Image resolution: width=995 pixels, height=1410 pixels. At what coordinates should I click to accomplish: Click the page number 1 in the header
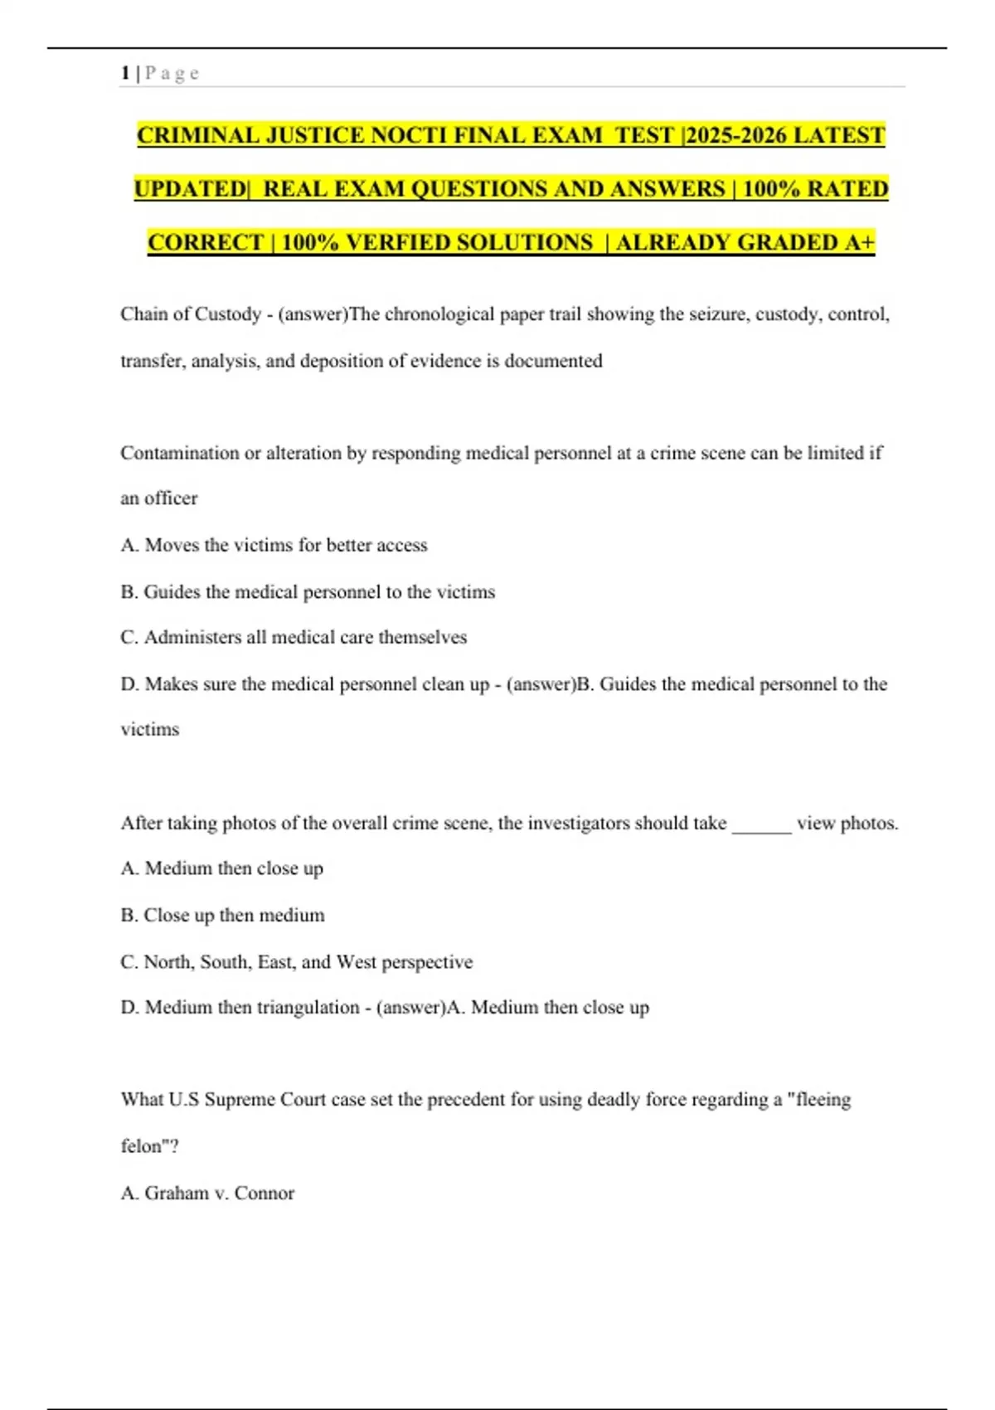[125, 73]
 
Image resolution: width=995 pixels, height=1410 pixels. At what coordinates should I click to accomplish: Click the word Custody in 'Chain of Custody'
[228, 314]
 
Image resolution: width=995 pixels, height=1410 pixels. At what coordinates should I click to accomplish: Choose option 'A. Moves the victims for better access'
[274, 545]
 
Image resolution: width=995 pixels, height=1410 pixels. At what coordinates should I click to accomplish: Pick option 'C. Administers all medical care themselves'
[294, 637]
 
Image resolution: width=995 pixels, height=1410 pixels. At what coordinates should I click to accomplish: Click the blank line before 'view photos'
[761, 824]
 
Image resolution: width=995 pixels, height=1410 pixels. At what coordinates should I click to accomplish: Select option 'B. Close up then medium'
[222, 915]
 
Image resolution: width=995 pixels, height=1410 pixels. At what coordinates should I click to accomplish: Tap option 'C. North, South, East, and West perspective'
[296, 962]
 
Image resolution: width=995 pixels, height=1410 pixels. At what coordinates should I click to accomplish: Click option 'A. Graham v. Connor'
[207, 1193]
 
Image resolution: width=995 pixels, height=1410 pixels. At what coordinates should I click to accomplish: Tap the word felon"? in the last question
[149, 1146]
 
